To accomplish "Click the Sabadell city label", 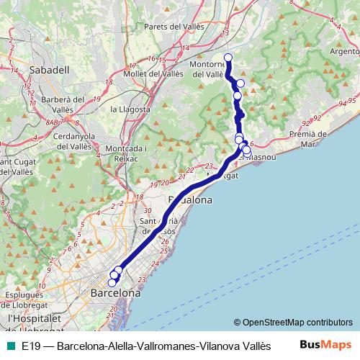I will pos(50,70).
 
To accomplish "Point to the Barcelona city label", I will pos(115,294).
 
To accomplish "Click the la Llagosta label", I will pos(130,109).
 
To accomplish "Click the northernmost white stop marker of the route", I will pos(228,58).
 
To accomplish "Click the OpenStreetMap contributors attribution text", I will pos(293,323).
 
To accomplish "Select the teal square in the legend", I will pos(10,346).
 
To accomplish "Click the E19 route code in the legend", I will pos(30,346).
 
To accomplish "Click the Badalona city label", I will pos(190,200).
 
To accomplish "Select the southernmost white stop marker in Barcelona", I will pos(112,283).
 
